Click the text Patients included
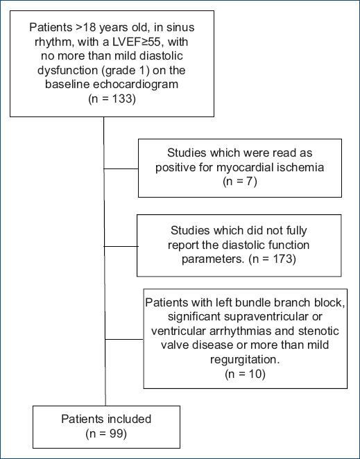tap(103, 419)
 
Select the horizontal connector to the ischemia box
tap(121, 168)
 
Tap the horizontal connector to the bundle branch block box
tap(124, 339)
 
